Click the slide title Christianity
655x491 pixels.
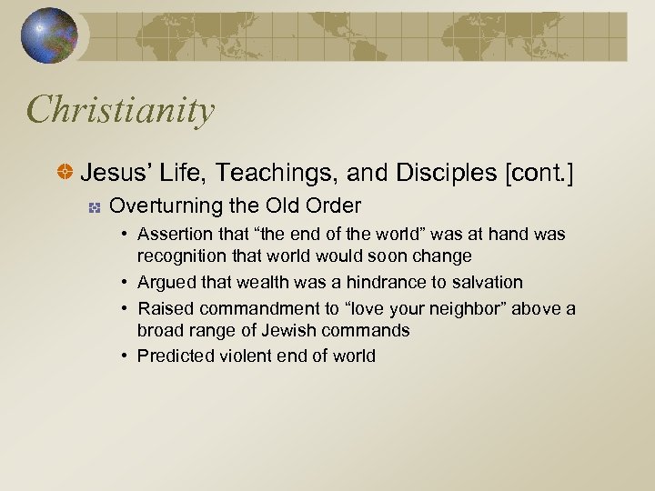coord(121,111)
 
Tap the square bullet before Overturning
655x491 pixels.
coord(94,206)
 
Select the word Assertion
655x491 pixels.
coord(173,235)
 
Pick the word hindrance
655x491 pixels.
coord(357,283)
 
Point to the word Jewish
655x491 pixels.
coord(281,329)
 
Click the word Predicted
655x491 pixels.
coord(175,356)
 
